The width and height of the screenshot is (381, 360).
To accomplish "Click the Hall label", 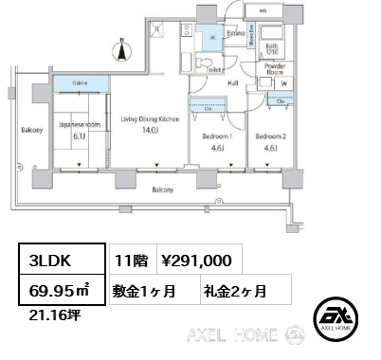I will click(232, 83).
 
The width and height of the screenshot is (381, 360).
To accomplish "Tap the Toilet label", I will click(214, 69).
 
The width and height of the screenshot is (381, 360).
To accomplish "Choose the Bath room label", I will click(270, 47).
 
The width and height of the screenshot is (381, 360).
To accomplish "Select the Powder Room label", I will click(276, 69).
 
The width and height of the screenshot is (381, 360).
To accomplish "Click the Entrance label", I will click(236, 32).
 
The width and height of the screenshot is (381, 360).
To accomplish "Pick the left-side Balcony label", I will click(32, 129).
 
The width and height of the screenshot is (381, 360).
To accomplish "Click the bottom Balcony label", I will click(163, 189).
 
